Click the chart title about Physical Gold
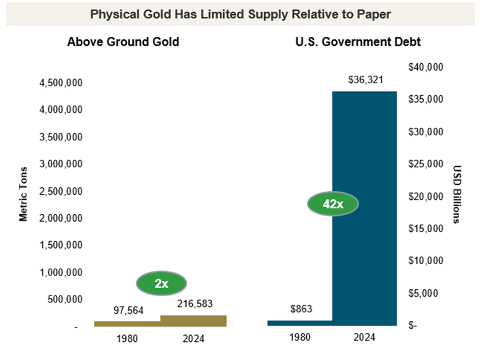click(x=240, y=14)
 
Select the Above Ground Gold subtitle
click(x=123, y=43)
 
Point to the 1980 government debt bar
click(x=299, y=322)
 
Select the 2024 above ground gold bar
click(x=194, y=320)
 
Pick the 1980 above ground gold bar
click(x=127, y=323)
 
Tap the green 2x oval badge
click(x=162, y=283)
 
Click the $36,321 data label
click(x=365, y=80)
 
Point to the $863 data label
click(x=301, y=309)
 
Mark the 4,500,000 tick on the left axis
click(x=61, y=83)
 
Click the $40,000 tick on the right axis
click(x=425, y=67)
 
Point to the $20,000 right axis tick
click(x=425, y=196)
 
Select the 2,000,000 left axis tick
click(x=61, y=219)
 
